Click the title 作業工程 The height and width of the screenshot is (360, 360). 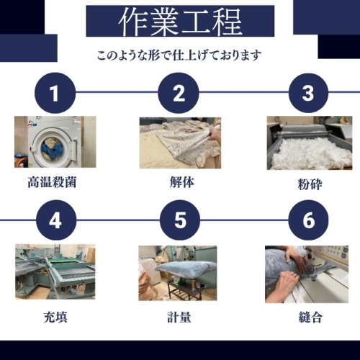point(180,21)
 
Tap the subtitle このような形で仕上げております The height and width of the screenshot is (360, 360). point(179,55)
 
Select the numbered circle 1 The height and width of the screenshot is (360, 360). point(55,93)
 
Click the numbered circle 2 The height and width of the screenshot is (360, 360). point(179,93)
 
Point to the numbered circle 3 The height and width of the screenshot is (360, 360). point(308,93)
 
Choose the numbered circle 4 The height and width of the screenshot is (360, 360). point(55,220)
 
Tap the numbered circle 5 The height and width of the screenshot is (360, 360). point(180,220)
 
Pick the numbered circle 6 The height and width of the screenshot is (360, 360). point(308,220)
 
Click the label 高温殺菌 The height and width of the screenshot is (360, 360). point(52,182)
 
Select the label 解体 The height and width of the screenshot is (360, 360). point(182,182)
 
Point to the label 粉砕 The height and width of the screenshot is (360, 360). point(310,184)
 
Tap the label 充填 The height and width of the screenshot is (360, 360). point(55,317)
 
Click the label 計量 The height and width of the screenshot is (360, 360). point(179,317)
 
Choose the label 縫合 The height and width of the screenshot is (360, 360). point(310,317)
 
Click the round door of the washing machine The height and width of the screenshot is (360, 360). point(51,148)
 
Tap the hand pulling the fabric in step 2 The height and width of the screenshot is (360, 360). point(214,135)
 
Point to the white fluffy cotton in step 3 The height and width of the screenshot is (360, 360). point(310,153)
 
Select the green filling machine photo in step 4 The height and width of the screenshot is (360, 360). point(55,272)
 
